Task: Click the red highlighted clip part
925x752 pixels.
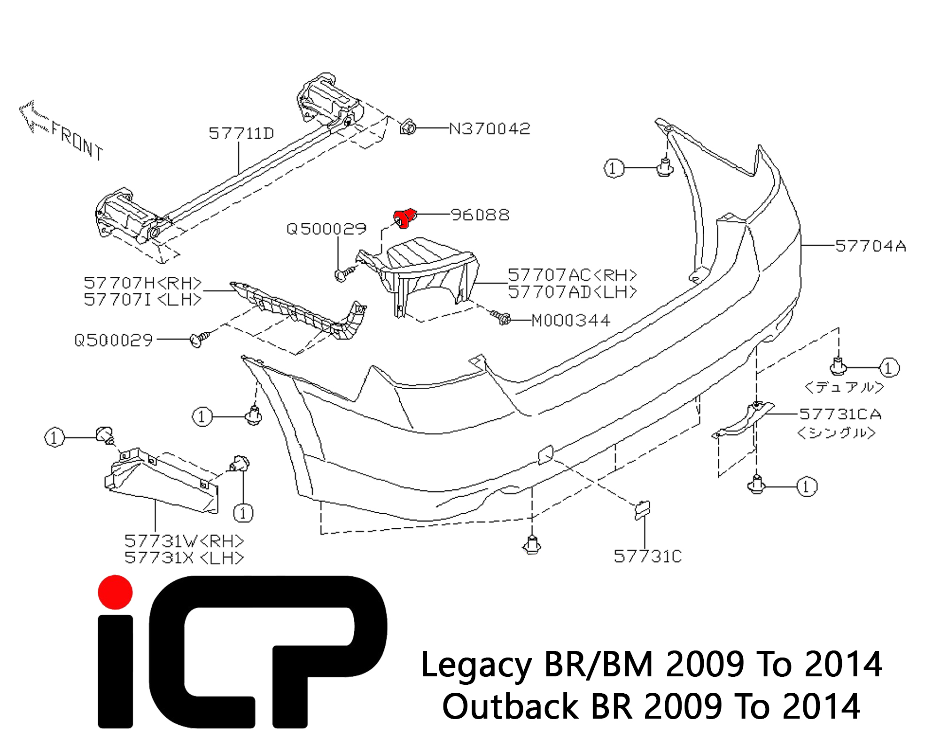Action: (404, 218)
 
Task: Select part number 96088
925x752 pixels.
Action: (480, 215)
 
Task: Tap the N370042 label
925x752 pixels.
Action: (490, 128)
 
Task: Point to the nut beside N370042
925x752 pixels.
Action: (407, 127)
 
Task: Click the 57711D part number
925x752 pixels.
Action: (241, 133)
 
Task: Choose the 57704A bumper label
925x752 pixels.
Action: (871, 246)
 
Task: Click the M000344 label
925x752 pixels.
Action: (571, 321)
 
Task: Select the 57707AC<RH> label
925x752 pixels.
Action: (572, 275)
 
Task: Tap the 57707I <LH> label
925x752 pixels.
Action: (142, 299)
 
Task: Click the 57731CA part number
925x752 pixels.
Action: (840, 414)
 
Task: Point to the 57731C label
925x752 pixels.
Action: (647, 556)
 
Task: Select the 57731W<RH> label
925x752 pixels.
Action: (184, 541)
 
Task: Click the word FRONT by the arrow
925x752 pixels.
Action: (77, 141)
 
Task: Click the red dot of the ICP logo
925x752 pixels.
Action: (115, 592)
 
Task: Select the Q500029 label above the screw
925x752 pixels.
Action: (326, 229)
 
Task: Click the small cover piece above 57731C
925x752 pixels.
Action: (642, 509)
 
